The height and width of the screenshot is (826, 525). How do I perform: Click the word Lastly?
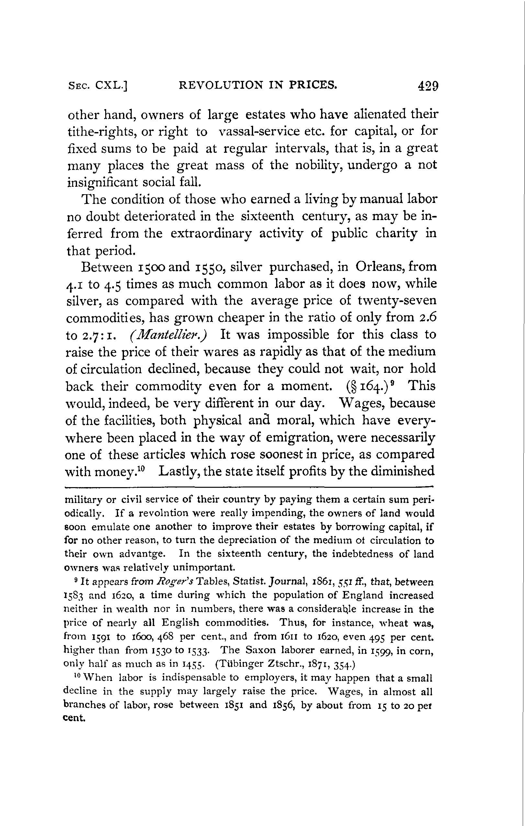(x=179, y=472)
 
